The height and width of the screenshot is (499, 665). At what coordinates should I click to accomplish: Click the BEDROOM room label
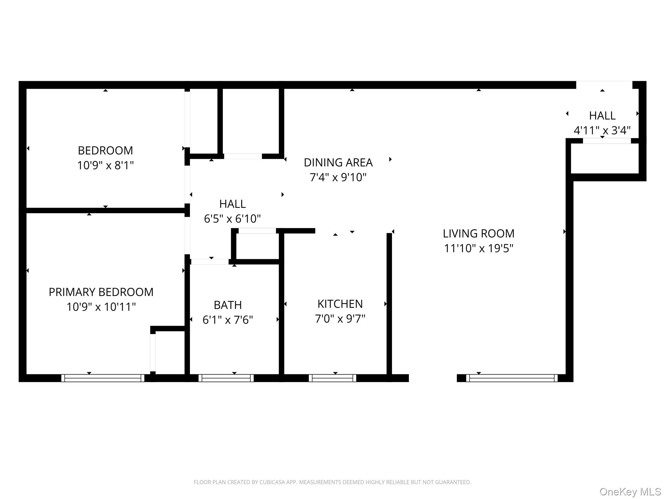(105, 150)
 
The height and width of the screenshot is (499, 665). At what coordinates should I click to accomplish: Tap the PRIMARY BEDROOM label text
(101, 292)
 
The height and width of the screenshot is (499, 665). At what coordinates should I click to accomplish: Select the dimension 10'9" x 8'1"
(105, 165)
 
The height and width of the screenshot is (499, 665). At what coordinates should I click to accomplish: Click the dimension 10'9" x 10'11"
(101, 307)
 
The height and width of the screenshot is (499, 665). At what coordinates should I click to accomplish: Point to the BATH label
(228, 305)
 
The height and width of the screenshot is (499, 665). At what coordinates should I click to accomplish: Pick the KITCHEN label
(340, 304)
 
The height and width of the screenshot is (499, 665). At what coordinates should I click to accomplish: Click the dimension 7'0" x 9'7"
(340, 319)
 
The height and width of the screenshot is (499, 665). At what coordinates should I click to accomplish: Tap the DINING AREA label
(338, 162)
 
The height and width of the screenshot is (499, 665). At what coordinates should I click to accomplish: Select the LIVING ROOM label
(478, 233)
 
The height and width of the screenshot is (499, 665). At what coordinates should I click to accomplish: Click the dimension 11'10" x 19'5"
(478, 249)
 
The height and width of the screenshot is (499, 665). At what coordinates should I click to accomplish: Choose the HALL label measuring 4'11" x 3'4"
(602, 116)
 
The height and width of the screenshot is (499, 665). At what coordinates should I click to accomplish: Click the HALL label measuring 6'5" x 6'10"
(232, 204)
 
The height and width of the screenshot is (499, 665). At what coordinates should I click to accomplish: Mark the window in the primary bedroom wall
(103, 378)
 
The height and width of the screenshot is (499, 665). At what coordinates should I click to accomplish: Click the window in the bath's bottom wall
(226, 378)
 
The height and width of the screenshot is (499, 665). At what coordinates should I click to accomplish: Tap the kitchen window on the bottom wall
(332, 378)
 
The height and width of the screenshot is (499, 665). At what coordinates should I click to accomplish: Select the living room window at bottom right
(511, 378)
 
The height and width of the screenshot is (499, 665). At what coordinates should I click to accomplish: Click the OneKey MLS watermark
(630, 492)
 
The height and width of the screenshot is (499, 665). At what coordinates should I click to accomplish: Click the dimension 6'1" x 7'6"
(228, 320)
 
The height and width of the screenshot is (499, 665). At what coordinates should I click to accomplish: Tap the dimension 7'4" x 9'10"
(338, 177)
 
